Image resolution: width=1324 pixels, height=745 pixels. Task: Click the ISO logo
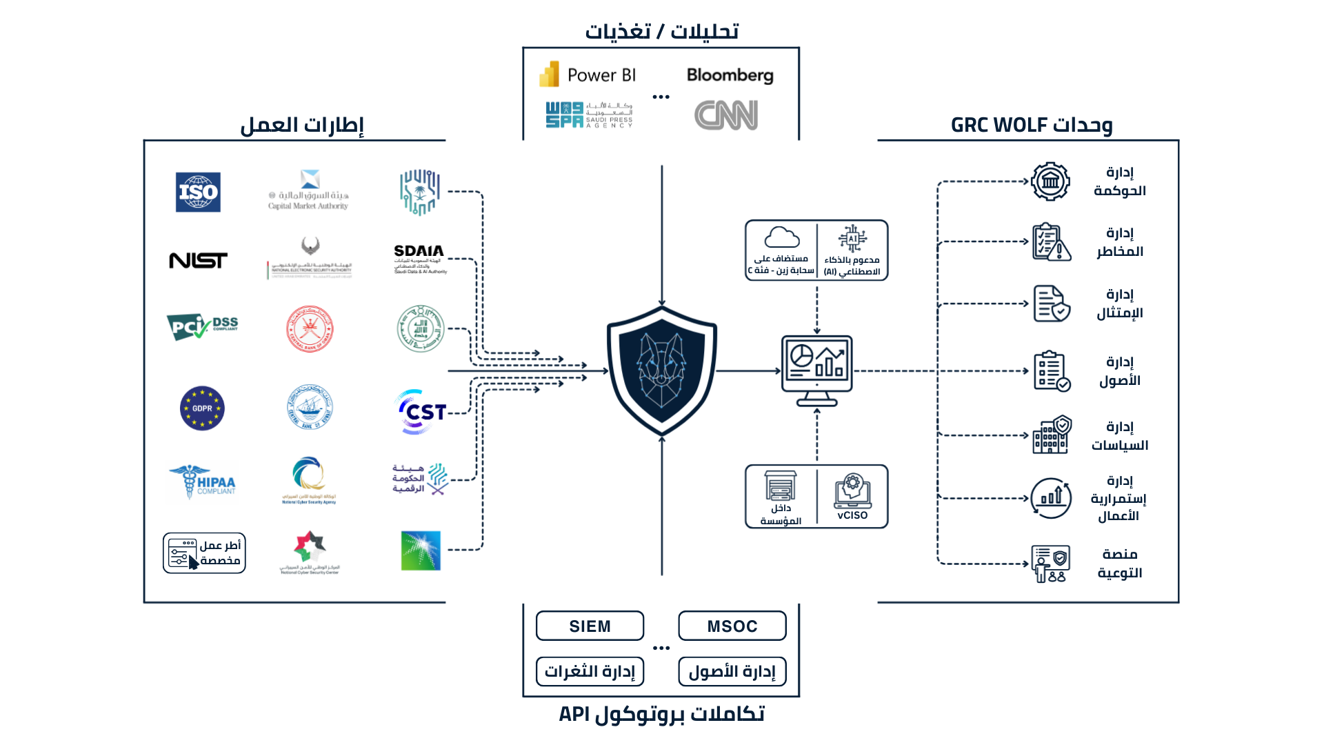(x=198, y=192)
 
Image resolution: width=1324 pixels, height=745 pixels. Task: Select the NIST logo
(x=198, y=260)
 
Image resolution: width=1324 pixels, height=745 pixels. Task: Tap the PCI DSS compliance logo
(x=202, y=326)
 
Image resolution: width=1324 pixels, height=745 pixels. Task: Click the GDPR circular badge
(x=202, y=408)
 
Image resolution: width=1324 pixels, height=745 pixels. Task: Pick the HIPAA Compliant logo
(x=202, y=481)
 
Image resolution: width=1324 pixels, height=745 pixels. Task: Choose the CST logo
(x=421, y=412)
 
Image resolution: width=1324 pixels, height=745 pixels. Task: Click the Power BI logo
(x=588, y=74)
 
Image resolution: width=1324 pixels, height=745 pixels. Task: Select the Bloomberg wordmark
(x=730, y=74)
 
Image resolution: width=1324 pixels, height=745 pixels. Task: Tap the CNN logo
(x=726, y=115)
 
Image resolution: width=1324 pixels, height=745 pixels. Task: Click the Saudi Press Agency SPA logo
(x=588, y=115)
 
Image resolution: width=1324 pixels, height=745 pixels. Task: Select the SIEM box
(x=590, y=626)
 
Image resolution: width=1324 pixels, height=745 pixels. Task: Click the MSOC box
(x=732, y=626)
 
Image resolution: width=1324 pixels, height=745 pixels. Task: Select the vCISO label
(x=852, y=515)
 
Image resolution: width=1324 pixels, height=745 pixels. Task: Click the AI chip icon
(x=852, y=238)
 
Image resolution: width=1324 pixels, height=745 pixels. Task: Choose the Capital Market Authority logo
(x=309, y=190)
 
